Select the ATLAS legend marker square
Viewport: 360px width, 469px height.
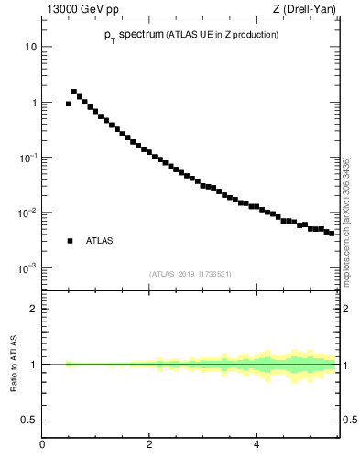tap(70, 241)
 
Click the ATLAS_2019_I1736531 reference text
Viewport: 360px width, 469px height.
tap(191, 274)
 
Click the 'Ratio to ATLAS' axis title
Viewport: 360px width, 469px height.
tap(14, 365)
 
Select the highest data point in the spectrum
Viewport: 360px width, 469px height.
tap(74, 92)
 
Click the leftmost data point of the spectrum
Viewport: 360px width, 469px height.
tap(69, 104)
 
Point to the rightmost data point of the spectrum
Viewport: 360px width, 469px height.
tap(332, 234)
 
